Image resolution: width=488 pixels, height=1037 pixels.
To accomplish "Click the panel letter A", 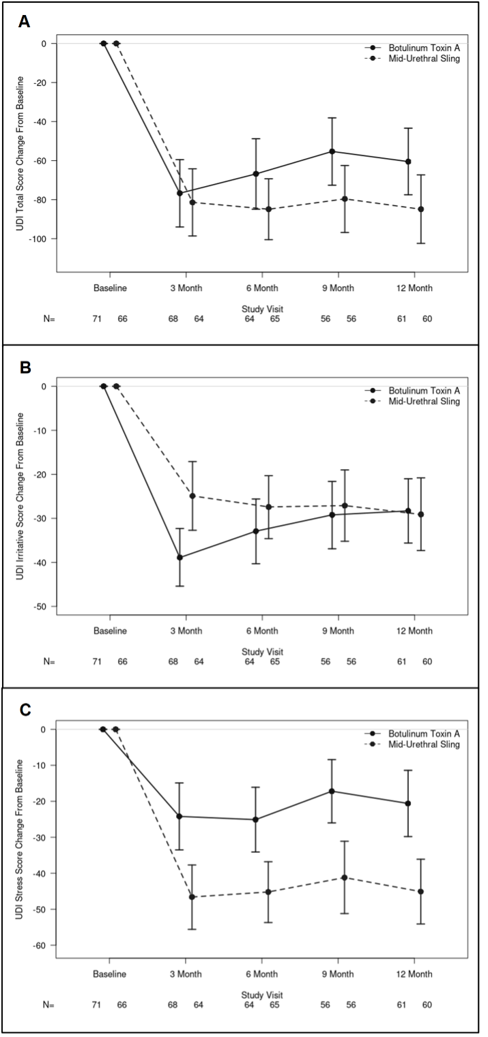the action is click(24, 21).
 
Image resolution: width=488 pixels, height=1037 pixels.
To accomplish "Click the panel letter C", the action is click(25, 710).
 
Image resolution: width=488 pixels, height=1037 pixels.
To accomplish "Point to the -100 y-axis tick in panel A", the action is click(39, 239).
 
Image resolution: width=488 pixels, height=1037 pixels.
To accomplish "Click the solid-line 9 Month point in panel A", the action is click(332, 151).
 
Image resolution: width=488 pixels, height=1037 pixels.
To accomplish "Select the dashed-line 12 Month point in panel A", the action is click(421, 209).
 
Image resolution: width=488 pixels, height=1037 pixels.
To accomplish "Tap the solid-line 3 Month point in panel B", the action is click(180, 558).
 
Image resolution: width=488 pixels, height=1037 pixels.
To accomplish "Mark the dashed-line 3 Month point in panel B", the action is click(192, 496).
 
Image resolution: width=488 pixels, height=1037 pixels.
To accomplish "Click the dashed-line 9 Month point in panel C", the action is click(345, 877).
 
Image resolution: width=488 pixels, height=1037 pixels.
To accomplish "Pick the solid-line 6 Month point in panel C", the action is click(255, 820).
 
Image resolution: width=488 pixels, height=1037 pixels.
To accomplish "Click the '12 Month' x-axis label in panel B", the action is click(414, 631).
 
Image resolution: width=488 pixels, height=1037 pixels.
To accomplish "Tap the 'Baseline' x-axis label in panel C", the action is click(109, 974).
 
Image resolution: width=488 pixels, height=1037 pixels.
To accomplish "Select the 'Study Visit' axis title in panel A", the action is click(262, 309).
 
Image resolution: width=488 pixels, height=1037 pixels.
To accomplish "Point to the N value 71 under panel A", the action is click(97, 319).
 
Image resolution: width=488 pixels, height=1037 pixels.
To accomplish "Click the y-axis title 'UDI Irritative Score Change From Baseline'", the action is click(20, 497).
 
